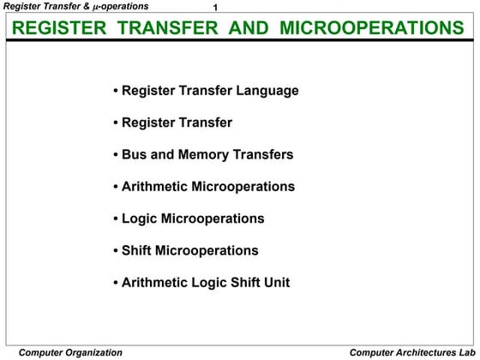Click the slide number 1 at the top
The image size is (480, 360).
(x=216, y=8)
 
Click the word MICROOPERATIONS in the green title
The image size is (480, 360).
(x=383, y=28)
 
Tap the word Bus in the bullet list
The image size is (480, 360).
(x=135, y=154)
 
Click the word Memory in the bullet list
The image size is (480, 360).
(x=207, y=154)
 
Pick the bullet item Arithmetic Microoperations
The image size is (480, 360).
(x=208, y=186)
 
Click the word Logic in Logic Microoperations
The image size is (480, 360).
(x=139, y=219)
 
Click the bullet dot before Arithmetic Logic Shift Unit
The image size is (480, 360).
(x=116, y=283)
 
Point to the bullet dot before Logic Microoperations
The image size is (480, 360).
(x=116, y=219)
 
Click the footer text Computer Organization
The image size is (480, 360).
(x=70, y=352)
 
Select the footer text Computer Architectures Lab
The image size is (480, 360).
(x=411, y=352)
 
